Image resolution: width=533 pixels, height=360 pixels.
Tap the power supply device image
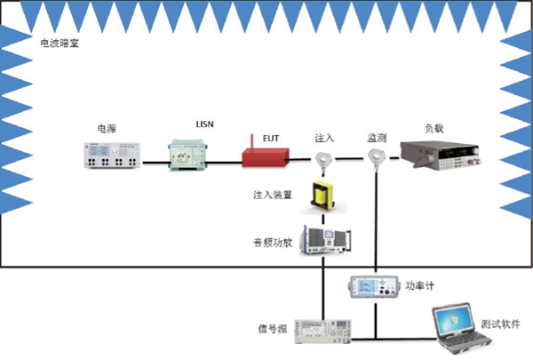pos(114,156)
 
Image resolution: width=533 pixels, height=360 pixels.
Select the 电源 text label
pos(107,128)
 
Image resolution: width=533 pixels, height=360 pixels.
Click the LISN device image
pos(191,155)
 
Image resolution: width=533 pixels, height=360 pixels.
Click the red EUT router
pos(265,156)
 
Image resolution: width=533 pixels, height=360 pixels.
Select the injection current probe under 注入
pos(322,160)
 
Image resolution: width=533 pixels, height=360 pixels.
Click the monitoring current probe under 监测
pos(378,159)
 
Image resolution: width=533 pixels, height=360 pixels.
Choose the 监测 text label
pos(377,138)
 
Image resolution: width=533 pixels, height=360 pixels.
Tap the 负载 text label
pos(434,129)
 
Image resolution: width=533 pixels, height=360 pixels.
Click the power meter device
pos(377,286)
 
